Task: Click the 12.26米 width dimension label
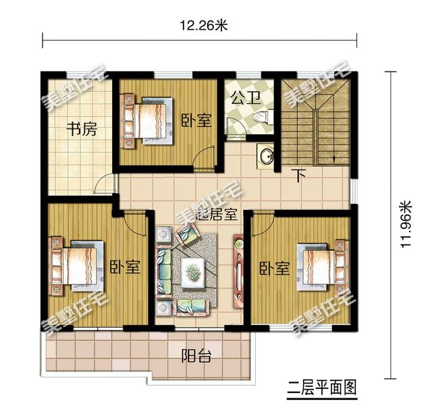[204, 26]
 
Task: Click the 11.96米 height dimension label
[406, 224]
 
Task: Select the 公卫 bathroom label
[246, 98]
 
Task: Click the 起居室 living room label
[216, 214]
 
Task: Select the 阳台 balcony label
[196, 356]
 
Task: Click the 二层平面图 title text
[322, 387]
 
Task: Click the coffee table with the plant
[192, 272]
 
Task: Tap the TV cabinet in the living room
[238, 271]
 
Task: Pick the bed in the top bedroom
[147, 120]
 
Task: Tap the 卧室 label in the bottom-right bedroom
[275, 268]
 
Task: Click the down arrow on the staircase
[334, 159]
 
